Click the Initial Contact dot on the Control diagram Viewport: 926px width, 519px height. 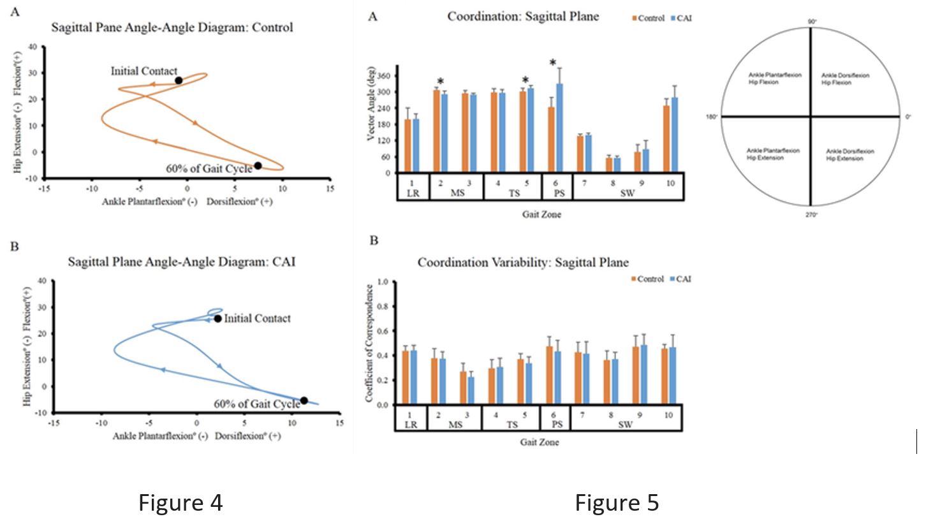click(179, 80)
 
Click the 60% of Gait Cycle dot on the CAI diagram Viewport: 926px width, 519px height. click(304, 400)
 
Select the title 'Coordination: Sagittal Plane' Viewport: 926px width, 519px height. click(523, 17)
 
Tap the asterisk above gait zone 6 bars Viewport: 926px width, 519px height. click(552, 62)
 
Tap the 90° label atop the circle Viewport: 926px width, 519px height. click(812, 21)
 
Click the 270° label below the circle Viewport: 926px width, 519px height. click(811, 215)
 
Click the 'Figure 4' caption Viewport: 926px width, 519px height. click(180, 502)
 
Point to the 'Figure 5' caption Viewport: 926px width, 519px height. click(617, 502)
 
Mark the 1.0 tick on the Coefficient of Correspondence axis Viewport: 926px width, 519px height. click(385, 282)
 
